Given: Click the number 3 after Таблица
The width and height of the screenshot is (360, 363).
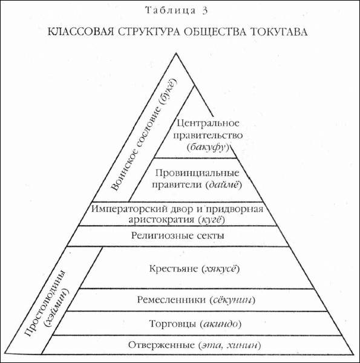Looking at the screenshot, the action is click(205, 11).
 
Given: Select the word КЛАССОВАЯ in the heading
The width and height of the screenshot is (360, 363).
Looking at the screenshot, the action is click(81, 31).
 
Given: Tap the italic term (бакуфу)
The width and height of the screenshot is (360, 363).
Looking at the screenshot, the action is click(208, 148).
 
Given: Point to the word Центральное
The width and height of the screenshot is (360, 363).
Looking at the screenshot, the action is click(208, 123).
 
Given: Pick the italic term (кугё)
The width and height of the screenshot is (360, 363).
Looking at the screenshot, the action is click(212, 220).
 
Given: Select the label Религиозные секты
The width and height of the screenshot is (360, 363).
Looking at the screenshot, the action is click(178, 236).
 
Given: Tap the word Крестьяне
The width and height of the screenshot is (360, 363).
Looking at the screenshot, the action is click(174, 269).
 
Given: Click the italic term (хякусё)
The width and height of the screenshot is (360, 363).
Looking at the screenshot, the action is click(220, 269).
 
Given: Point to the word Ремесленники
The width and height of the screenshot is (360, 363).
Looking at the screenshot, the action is click(172, 299).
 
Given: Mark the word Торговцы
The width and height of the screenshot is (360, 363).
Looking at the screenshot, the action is click(172, 324).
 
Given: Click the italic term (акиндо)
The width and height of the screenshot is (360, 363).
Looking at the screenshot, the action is click(220, 324).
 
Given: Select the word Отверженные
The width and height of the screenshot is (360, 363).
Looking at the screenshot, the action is click(162, 345).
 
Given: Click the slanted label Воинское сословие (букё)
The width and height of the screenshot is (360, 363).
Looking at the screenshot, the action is click(144, 134).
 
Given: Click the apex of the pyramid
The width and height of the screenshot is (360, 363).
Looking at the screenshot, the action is click(176, 53).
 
